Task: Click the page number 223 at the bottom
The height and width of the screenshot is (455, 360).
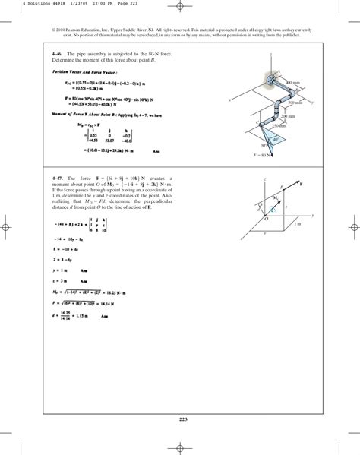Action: (179, 420)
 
